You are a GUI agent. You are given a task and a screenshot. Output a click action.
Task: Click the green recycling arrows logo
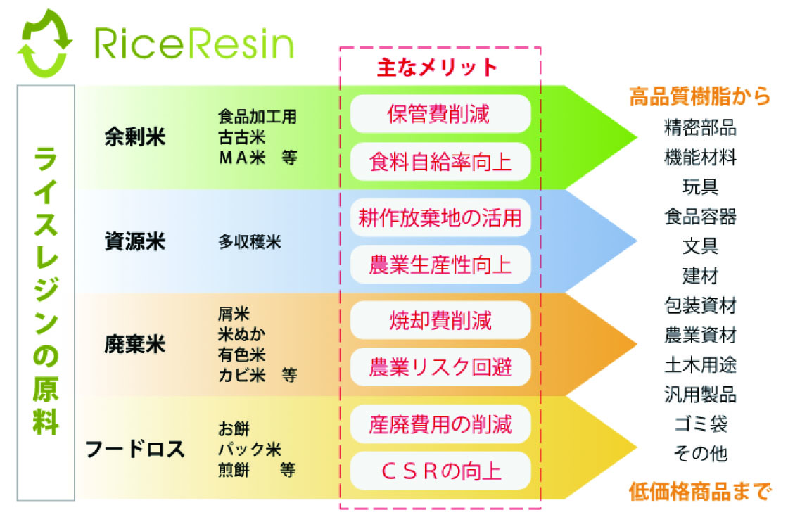point(46,42)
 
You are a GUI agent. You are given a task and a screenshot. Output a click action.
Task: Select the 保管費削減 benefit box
point(440,113)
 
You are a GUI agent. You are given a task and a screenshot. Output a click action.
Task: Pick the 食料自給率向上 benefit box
point(440,163)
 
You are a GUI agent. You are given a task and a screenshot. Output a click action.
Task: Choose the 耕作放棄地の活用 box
point(440,217)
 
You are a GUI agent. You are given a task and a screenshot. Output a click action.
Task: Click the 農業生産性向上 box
point(440,265)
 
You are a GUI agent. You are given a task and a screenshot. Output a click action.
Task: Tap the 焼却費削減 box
point(440,320)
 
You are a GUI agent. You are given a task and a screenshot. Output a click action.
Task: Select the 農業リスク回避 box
point(440,367)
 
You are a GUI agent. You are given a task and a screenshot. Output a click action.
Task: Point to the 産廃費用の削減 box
point(440,424)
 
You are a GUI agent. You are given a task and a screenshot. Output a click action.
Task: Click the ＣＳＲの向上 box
point(440,471)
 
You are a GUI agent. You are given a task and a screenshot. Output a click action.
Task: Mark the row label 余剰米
point(134,136)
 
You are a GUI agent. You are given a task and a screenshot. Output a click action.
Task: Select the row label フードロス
point(135,448)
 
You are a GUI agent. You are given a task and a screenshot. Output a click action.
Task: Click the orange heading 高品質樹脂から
point(699,96)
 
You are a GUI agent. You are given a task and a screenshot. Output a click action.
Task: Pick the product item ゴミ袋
point(700,424)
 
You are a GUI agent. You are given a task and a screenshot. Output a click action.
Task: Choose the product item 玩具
point(700,187)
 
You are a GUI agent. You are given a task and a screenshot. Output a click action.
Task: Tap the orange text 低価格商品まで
point(699,490)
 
